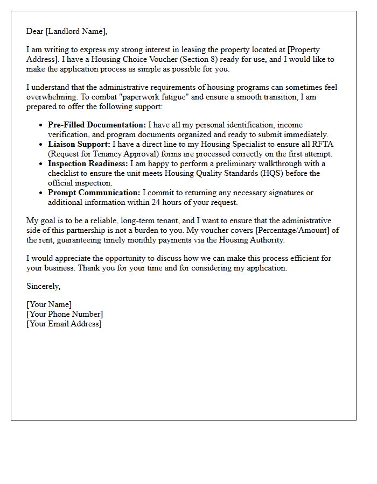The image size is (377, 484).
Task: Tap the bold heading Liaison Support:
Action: pyautogui.click(x=79, y=144)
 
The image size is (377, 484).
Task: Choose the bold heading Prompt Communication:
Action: pyautogui.click(x=94, y=193)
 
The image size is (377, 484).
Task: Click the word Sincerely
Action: pyautogui.click(x=43, y=286)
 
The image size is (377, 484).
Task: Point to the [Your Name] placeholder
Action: pyautogui.click(x=49, y=304)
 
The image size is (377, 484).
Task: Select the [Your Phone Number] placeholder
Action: pyautogui.click(x=65, y=314)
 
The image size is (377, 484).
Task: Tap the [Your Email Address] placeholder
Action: pyautogui.click(x=64, y=324)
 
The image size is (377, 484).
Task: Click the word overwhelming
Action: pyautogui.click(x=51, y=97)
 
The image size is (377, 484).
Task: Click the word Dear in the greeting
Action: pyautogui.click(x=35, y=31)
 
